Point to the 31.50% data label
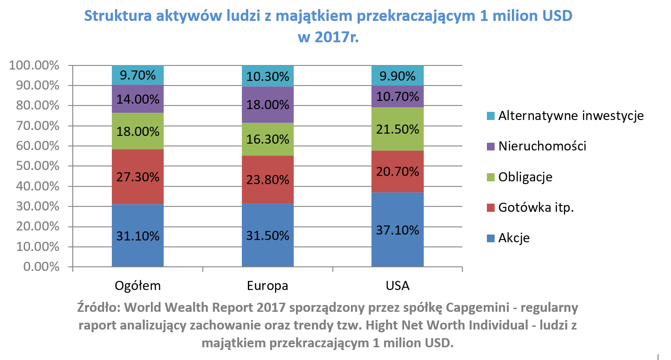(x=267, y=236)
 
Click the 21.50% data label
(x=397, y=130)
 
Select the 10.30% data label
(x=267, y=76)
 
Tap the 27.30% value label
(x=137, y=177)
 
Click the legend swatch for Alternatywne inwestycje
(x=490, y=116)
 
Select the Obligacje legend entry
(x=525, y=177)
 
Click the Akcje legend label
(x=514, y=238)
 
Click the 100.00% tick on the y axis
(x=35, y=65)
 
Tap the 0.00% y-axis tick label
(x=40, y=267)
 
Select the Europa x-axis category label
(x=267, y=286)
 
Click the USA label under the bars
(x=397, y=286)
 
